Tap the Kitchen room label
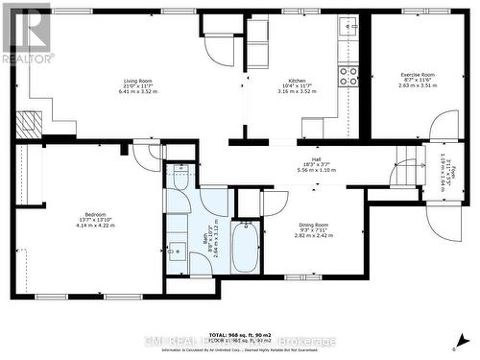click(297, 82)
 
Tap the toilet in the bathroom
click(178, 180)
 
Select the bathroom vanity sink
click(178, 252)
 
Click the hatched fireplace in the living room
click(32, 123)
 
